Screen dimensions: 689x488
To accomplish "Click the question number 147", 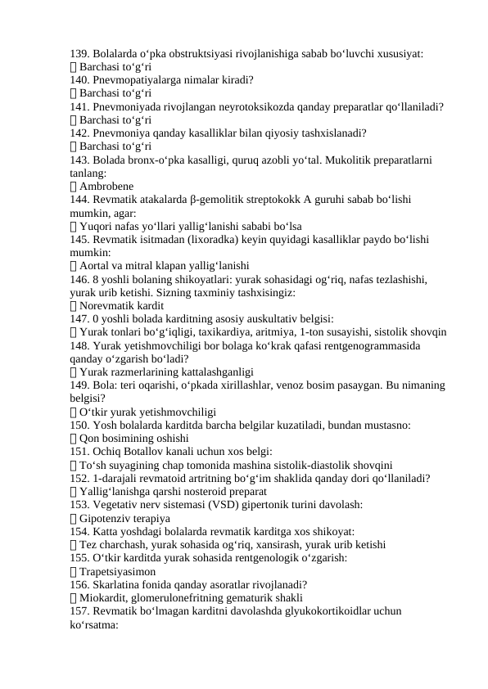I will (79, 318).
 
